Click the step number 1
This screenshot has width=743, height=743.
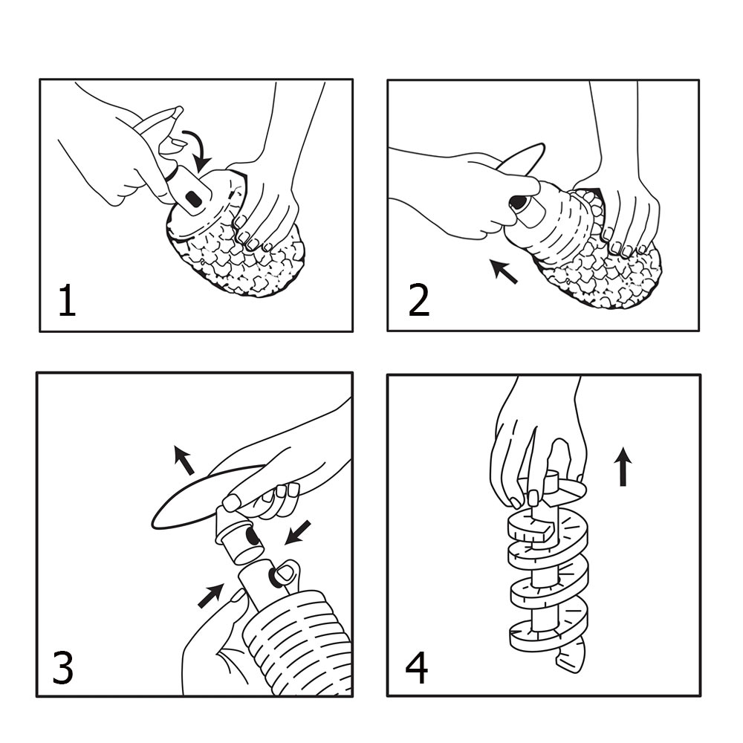tap(68, 300)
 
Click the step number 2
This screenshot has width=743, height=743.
tap(418, 300)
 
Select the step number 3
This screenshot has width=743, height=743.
tap(62, 667)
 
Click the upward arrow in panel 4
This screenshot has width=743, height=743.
tap(623, 467)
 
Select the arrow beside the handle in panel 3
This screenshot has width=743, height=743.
tap(184, 460)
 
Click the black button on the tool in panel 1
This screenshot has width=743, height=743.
tap(193, 201)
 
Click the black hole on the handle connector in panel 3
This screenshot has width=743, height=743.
tap(251, 537)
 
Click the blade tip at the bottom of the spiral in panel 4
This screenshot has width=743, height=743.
tap(571, 658)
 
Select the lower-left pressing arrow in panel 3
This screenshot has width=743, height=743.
tap(210, 595)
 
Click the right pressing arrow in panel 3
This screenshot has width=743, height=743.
tap(298, 532)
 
